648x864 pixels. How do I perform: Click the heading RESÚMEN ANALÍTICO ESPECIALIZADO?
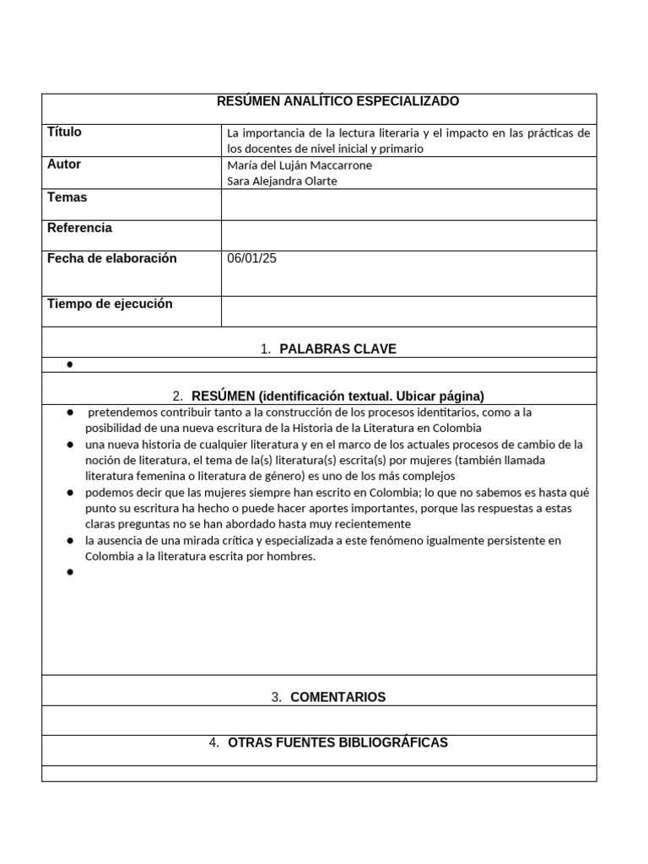[x=337, y=101]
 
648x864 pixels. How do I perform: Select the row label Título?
[x=65, y=132]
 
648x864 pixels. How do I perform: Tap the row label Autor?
[x=64, y=165]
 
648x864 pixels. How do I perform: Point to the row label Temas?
[x=67, y=197]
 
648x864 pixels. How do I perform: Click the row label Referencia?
[x=79, y=228]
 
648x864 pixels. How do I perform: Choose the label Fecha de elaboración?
[x=112, y=258]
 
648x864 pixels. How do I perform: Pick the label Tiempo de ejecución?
[x=110, y=304]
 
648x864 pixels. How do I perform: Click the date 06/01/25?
[x=251, y=258]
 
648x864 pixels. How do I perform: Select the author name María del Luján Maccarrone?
[x=300, y=165]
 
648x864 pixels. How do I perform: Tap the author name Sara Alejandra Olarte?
[x=283, y=181]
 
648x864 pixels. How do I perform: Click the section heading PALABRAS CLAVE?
[x=337, y=349]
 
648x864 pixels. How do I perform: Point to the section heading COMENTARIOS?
[x=337, y=697]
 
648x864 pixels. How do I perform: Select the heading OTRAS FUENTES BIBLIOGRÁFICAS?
[x=337, y=742]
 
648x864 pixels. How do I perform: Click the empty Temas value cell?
[x=408, y=204]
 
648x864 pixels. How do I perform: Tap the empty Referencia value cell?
[x=408, y=235]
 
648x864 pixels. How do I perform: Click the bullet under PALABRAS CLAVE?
[x=69, y=364]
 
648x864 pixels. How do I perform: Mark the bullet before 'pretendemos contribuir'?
[x=69, y=413]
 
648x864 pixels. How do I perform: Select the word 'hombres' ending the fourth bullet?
[x=293, y=556]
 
